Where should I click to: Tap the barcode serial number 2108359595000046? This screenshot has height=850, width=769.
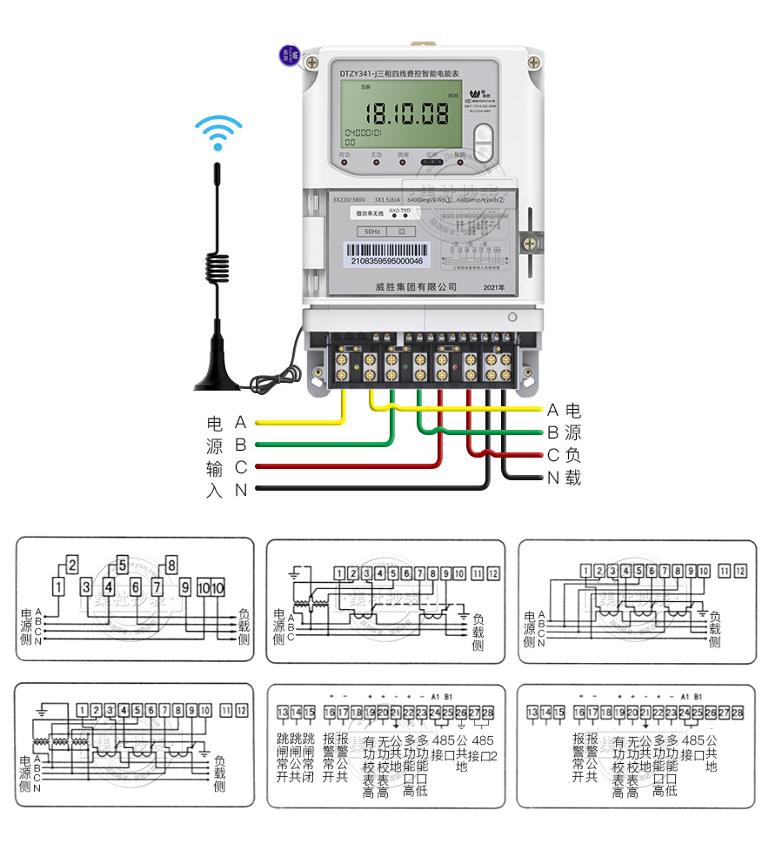click(x=385, y=260)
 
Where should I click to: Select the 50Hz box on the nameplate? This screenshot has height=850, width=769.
click(x=371, y=232)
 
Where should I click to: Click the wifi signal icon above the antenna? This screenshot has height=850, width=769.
click(x=217, y=132)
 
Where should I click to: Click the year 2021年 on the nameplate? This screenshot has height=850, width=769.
click(x=493, y=286)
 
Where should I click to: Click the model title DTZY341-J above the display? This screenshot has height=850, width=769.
click(x=363, y=75)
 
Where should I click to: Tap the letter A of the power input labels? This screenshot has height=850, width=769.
click(x=241, y=423)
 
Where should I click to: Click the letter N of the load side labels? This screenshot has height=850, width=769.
click(x=553, y=478)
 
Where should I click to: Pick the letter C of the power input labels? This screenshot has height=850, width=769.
click(x=241, y=468)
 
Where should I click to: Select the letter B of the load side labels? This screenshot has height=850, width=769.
click(x=553, y=432)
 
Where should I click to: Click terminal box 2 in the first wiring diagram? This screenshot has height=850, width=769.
click(x=72, y=563)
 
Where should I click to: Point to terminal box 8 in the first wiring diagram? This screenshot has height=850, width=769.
click(x=171, y=563)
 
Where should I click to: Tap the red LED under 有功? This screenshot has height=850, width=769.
click(x=344, y=163)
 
